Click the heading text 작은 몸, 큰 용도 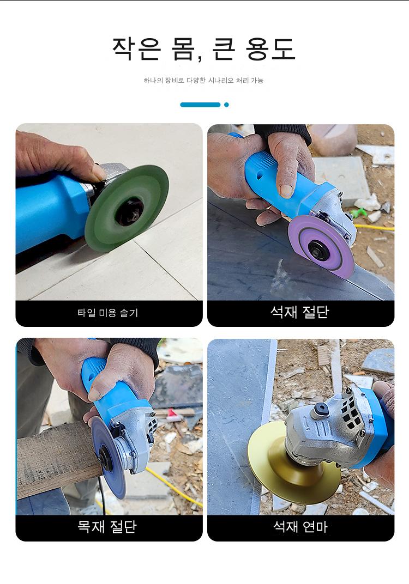204,49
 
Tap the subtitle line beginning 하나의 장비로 203,81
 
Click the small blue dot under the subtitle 226,105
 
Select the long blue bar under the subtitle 200,105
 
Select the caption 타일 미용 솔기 108,313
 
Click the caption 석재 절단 300,312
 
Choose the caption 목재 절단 107,527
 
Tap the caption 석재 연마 300,527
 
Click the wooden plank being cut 56,458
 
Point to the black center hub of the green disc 129,211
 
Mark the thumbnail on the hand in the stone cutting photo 286,191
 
